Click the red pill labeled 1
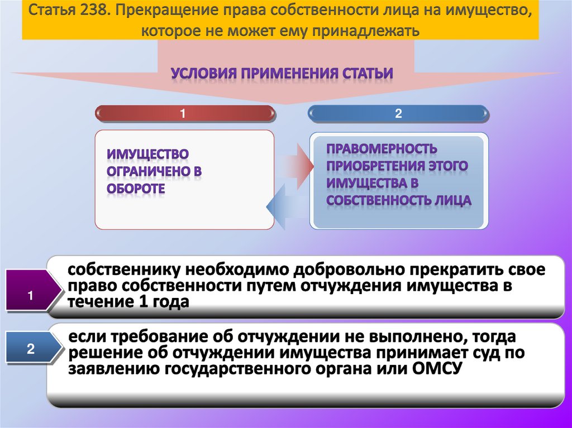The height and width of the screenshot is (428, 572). (186, 114)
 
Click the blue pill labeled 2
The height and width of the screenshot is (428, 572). (399, 114)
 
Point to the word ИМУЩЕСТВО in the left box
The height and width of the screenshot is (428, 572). (147, 153)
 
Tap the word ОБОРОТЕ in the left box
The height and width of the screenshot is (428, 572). (136, 189)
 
